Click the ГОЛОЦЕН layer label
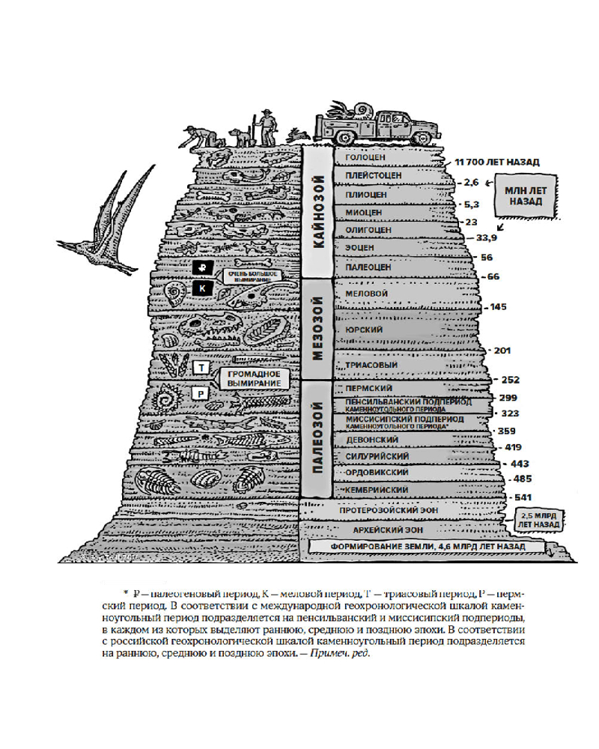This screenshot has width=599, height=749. click(366, 157)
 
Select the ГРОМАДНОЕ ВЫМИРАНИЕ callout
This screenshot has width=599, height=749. click(254, 378)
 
